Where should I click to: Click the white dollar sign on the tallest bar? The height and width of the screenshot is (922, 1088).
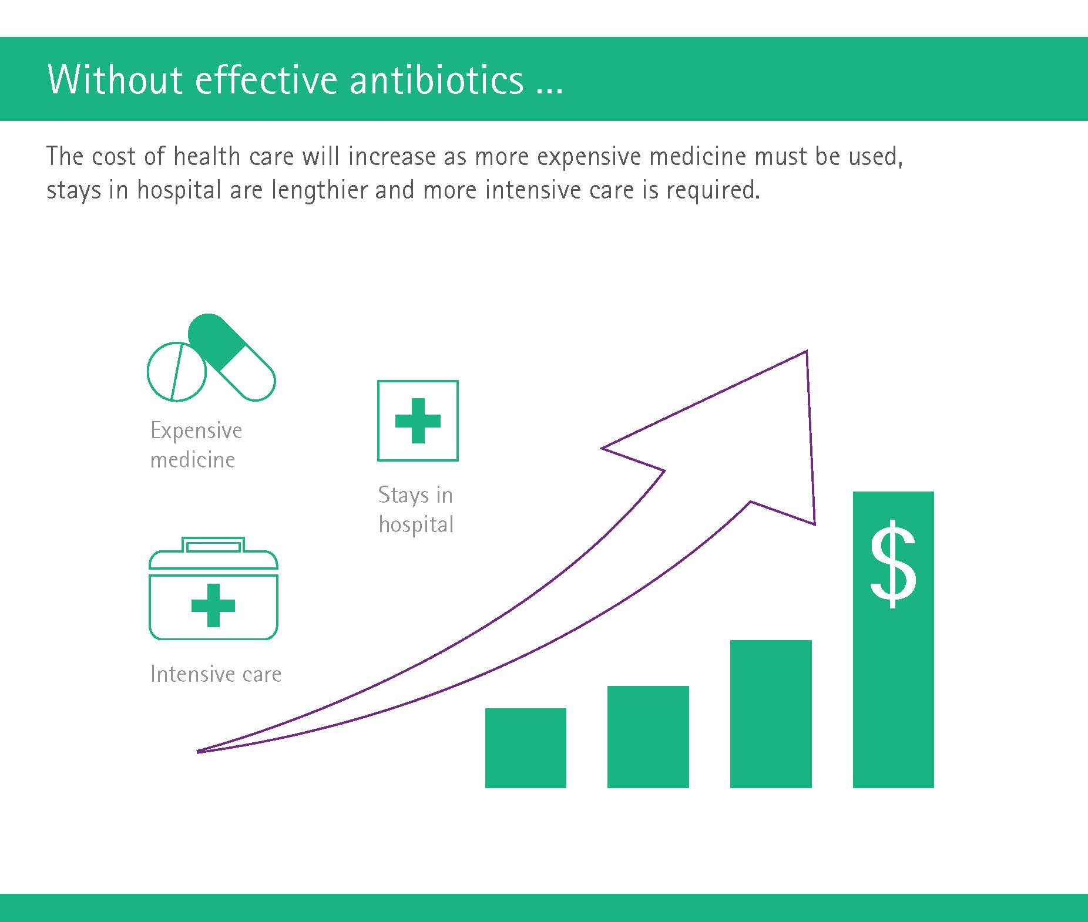pyautogui.click(x=893, y=564)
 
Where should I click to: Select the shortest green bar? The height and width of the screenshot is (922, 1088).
pyautogui.click(x=526, y=748)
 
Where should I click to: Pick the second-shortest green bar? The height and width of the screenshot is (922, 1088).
pyautogui.click(x=648, y=736)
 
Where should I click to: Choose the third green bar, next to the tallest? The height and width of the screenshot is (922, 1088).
pyautogui.click(x=771, y=714)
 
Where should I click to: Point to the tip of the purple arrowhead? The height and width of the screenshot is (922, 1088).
pyautogui.click(x=807, y=351)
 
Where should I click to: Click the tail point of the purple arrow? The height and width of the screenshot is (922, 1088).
pyautogui.click(x=197, y=751)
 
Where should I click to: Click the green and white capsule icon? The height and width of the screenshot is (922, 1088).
pyautogui.click(x=231, y=357)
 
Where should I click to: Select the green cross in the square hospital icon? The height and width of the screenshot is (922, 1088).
pyautogui.click(x=418, y=420)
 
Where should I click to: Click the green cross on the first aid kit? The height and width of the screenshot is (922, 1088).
pyautogui.click(x=213, y=605)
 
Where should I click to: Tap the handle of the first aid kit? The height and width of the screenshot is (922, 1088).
pyautogui.click(x=213, y=545)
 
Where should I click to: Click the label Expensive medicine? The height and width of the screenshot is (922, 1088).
pyautogui.click(x=196, y=445)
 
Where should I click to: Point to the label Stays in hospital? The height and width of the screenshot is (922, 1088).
pyautogui.click(x=416, y=509)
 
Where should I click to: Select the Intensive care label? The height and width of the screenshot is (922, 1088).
pyautogui.click(x=216, y=674)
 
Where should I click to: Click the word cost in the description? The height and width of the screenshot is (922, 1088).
pyautogui.click(x=113, y=157)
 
